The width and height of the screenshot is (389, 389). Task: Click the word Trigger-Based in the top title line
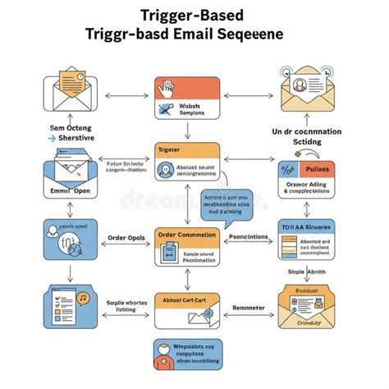tap(194, 15)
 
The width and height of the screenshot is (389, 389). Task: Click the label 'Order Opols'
tap(126, 239)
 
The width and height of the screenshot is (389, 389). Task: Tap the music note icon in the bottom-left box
tap(83, 297)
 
